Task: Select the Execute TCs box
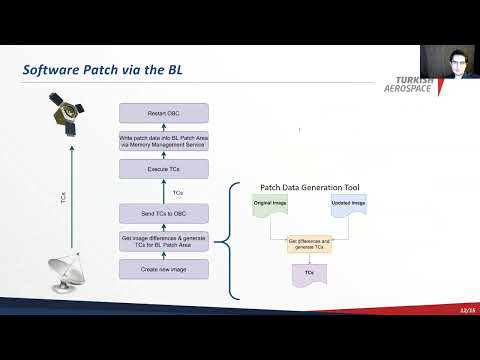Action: (163, 170)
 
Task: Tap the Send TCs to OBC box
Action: (163, 213)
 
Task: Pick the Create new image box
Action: (163, 268)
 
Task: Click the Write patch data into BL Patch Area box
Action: (163, 141)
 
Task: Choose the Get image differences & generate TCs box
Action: (163, 241)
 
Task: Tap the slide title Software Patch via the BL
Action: (108, 69)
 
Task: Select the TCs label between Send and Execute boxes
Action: (178, 192)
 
